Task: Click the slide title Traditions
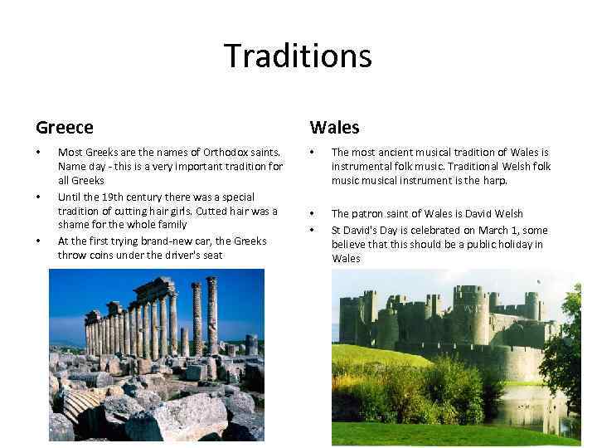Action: click(x=298, y=56)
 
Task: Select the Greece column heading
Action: click(x=65, y=128)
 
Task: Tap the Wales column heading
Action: click(x=334, y=128)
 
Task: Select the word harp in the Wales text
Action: click(x=497, y=180)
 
